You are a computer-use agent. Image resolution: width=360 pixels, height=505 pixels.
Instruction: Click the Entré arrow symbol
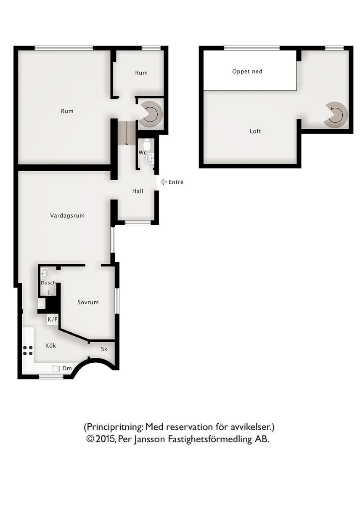(163, 182)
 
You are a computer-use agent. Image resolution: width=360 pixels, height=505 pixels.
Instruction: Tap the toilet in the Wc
(147, 144)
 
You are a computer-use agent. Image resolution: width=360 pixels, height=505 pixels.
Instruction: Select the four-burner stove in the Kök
(28, 351)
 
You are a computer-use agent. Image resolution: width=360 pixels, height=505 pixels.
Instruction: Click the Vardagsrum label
(67, 215)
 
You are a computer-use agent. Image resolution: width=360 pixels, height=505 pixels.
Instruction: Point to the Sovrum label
(88, 302)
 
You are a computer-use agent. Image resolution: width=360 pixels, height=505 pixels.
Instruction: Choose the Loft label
(255, 131)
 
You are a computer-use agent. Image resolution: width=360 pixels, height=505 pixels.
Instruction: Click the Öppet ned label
(247, 71)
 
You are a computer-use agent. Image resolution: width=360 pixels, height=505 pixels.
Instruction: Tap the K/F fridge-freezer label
(52, 319)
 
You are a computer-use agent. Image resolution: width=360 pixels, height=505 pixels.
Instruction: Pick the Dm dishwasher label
(67, 368)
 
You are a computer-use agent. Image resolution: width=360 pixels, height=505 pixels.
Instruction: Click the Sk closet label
(104, 349)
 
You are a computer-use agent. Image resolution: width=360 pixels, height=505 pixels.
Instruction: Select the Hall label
(138, 191)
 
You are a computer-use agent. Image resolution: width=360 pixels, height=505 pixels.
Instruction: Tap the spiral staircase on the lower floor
(150, 114)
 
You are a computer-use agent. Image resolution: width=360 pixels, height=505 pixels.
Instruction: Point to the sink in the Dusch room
(45, 274)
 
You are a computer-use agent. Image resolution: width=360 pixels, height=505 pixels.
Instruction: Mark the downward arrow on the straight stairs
(127, 133)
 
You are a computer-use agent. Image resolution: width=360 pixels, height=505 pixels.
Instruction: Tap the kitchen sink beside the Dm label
(56, 369)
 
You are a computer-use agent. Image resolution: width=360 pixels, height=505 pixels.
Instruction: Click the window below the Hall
(138, 223)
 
